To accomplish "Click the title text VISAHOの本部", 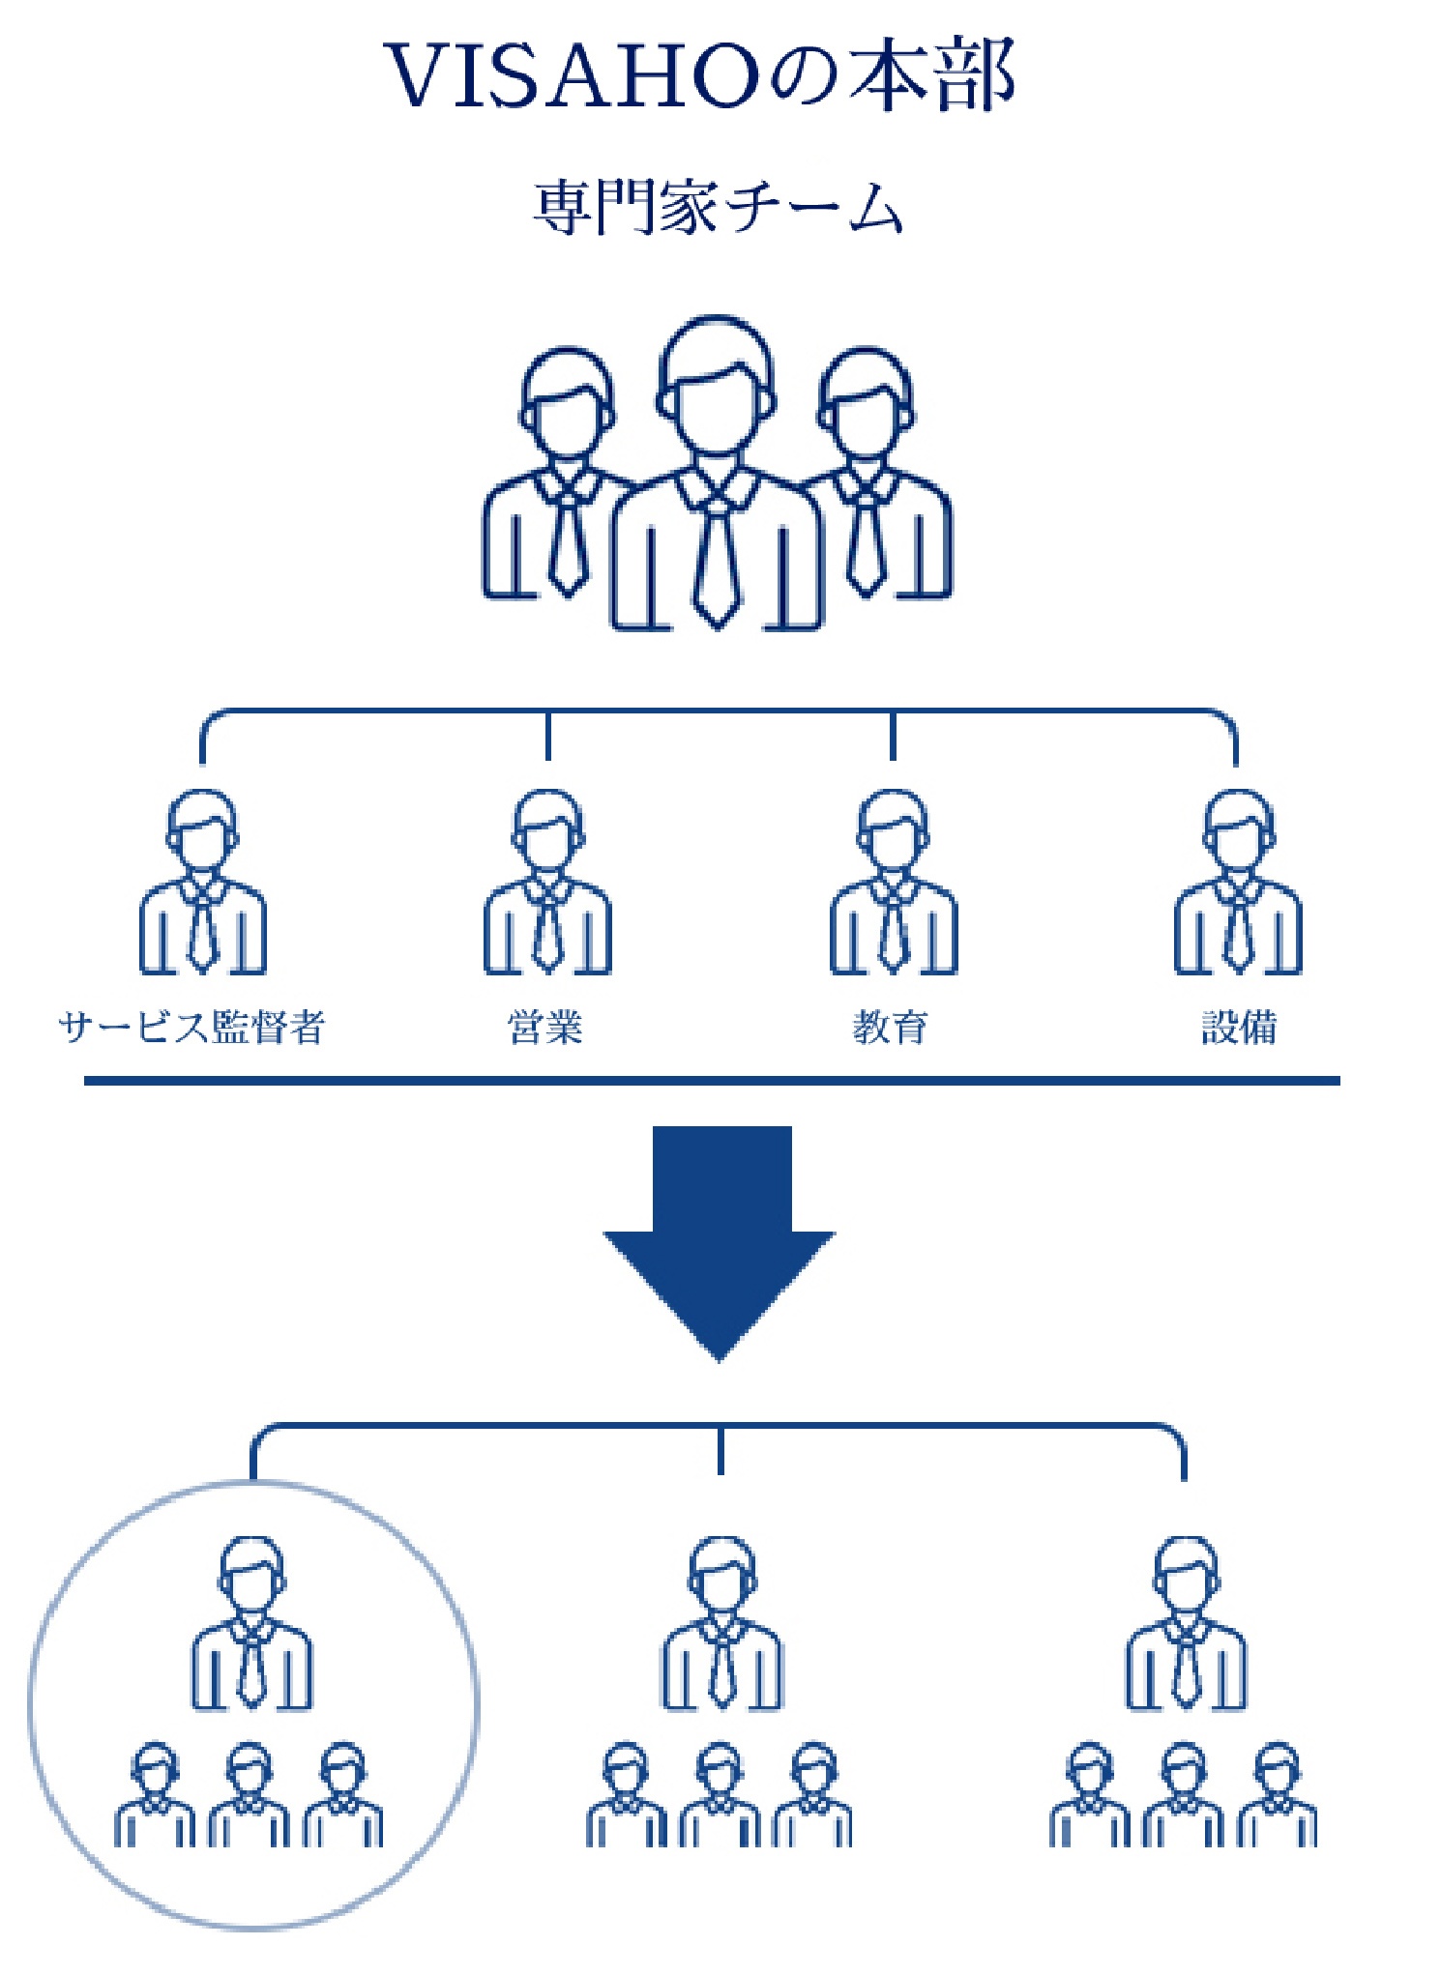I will coord(700,76).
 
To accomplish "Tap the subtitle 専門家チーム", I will coord(718,208).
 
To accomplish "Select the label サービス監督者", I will coord(191,1027).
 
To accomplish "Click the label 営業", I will coord(545,1027).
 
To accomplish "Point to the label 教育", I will coord(891,1027).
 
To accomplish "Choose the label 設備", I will coord(1239,1027).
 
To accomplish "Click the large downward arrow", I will coord(719,1242).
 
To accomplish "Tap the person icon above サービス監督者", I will coord(202,883).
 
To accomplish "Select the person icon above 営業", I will coord(547,883).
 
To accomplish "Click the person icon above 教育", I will coord(893,883).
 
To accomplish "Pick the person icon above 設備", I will coord(1238,883).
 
